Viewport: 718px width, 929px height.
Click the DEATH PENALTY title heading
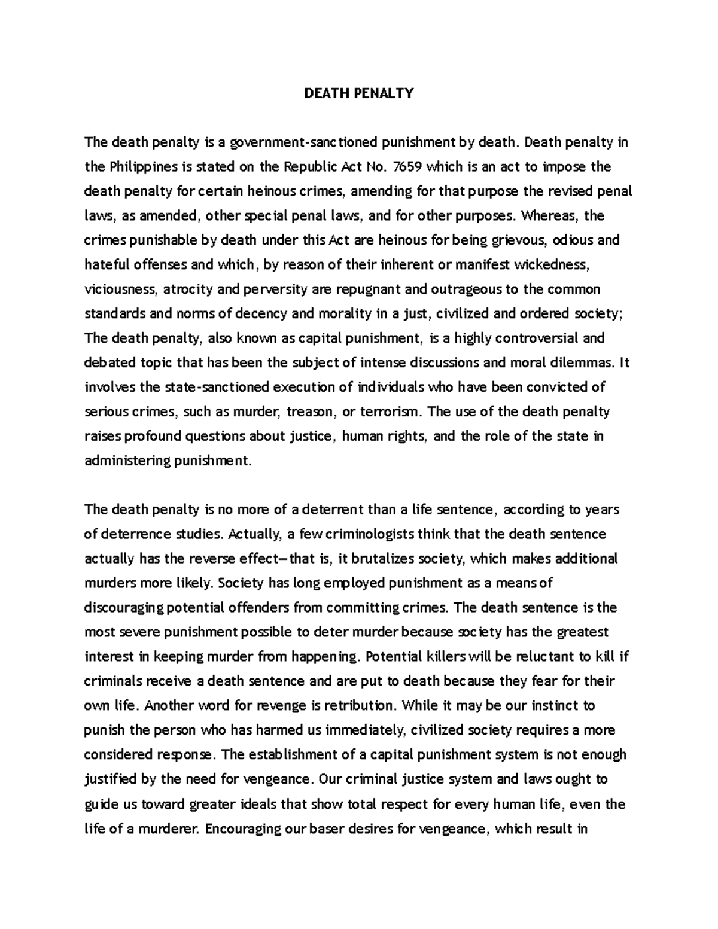[358, 93]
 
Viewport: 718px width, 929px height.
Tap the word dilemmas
[584, 363]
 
